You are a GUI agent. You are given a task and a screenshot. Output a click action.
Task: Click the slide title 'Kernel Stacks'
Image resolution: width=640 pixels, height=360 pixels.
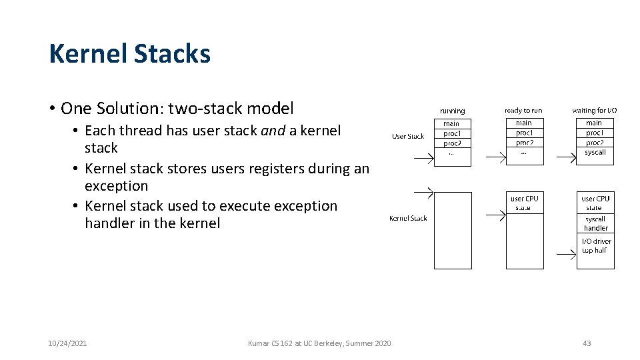click(130, 54)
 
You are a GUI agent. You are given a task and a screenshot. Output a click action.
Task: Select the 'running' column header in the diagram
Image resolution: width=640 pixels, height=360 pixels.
click(453, 111)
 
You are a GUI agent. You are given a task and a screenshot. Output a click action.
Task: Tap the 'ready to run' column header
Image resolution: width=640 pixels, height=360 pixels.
click(523, 110)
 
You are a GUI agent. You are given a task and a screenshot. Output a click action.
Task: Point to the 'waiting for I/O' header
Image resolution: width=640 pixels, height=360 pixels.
click(595, 110)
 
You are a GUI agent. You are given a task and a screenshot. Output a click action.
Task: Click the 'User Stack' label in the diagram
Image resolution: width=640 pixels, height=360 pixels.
click(408, 137)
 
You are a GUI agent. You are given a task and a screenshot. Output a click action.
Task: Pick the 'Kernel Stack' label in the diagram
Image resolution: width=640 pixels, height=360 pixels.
click(408, 218)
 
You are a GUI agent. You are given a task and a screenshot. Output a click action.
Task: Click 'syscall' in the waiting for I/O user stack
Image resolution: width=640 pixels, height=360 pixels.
click(595, 153)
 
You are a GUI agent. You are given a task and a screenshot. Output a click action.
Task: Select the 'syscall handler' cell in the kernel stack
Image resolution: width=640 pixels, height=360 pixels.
click(595, 223)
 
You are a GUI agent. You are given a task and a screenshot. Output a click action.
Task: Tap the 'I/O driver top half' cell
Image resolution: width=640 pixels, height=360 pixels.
click(595, 246)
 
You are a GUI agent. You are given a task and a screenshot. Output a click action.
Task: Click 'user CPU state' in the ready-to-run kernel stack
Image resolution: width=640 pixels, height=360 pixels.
click(524, 203)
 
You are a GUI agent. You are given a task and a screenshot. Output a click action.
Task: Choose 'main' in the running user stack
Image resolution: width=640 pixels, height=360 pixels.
click(452, 123)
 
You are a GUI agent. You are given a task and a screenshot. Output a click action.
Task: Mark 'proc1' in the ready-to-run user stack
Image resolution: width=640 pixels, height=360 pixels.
click(524, 133)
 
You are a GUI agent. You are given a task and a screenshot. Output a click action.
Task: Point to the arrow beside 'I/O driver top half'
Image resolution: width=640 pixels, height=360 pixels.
click(565, 255)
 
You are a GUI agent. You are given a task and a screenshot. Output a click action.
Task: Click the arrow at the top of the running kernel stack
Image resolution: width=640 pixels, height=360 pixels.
click(423, 193)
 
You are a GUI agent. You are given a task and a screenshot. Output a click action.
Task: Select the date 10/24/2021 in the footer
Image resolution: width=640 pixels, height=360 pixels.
click(67, 343)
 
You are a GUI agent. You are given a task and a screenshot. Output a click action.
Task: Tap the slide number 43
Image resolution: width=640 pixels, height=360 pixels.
click(587, 343)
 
